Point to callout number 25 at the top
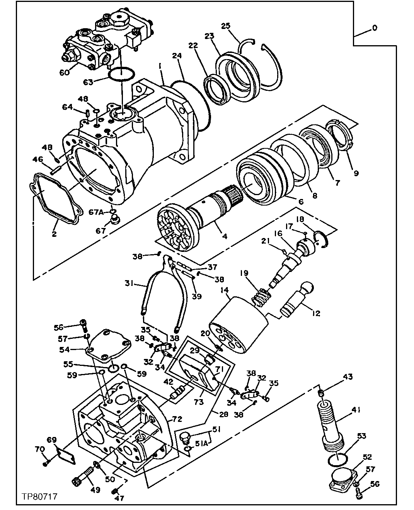click(226, 26)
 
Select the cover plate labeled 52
click(342, 478)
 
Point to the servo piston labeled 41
click(331, 425)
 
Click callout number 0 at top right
click(374, 28)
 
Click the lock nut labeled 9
click(340, 136)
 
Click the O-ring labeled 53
click(337, 459)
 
